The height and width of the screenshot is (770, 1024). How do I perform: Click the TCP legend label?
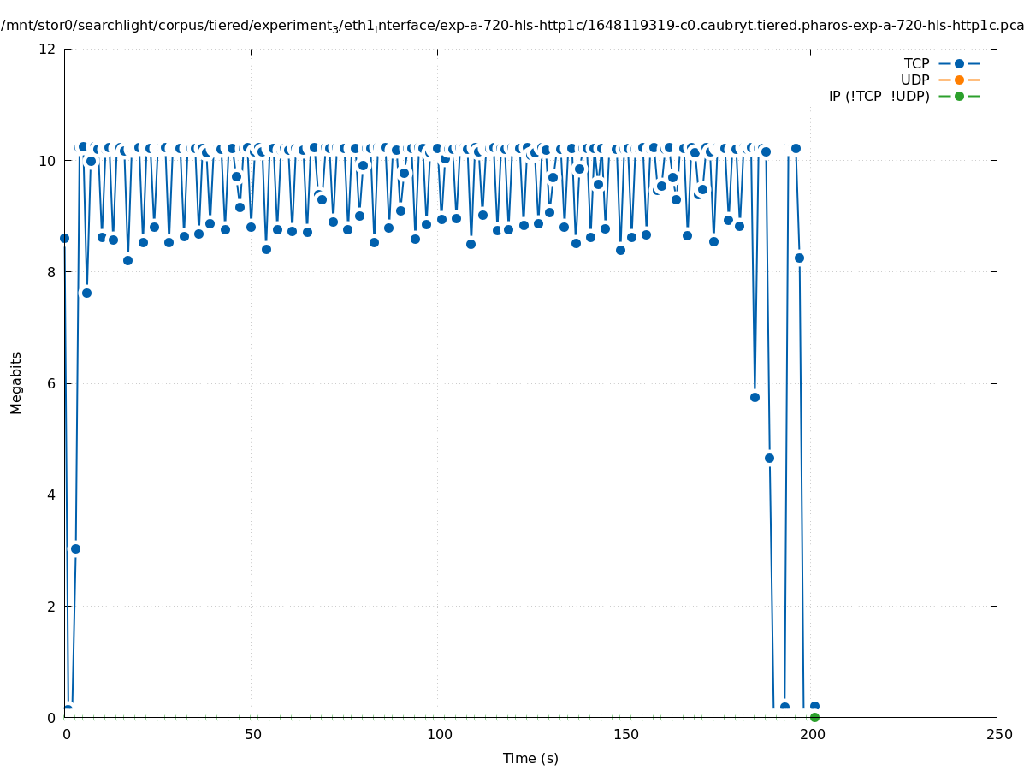click(915, 63)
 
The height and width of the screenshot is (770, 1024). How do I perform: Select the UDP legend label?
click(914, 80)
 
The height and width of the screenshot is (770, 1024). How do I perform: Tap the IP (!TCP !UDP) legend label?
click(879, 96)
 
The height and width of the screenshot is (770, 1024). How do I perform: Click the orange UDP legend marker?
click(959, 80)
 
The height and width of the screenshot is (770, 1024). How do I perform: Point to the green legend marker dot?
click(959, 96)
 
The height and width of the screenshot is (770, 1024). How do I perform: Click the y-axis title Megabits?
click(16, 382)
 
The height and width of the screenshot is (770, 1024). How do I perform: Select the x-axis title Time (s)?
click(530, 758)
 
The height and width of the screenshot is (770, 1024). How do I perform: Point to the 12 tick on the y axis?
click(48, 49)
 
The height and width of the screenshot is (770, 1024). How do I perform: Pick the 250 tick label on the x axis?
click(997, 735)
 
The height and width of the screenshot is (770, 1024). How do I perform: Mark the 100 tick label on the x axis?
click(438, 735)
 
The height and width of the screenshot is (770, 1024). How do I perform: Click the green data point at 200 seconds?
click(814, 717)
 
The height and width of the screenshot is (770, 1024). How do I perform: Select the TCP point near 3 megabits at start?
click(75, 548)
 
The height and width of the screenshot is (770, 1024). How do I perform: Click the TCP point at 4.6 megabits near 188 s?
click(769, 458)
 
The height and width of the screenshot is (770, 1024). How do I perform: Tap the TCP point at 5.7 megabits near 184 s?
click(755, 397)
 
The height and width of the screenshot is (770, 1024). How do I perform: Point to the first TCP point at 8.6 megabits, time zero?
click(64, 238)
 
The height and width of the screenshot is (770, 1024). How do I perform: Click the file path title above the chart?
click(512, 26)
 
